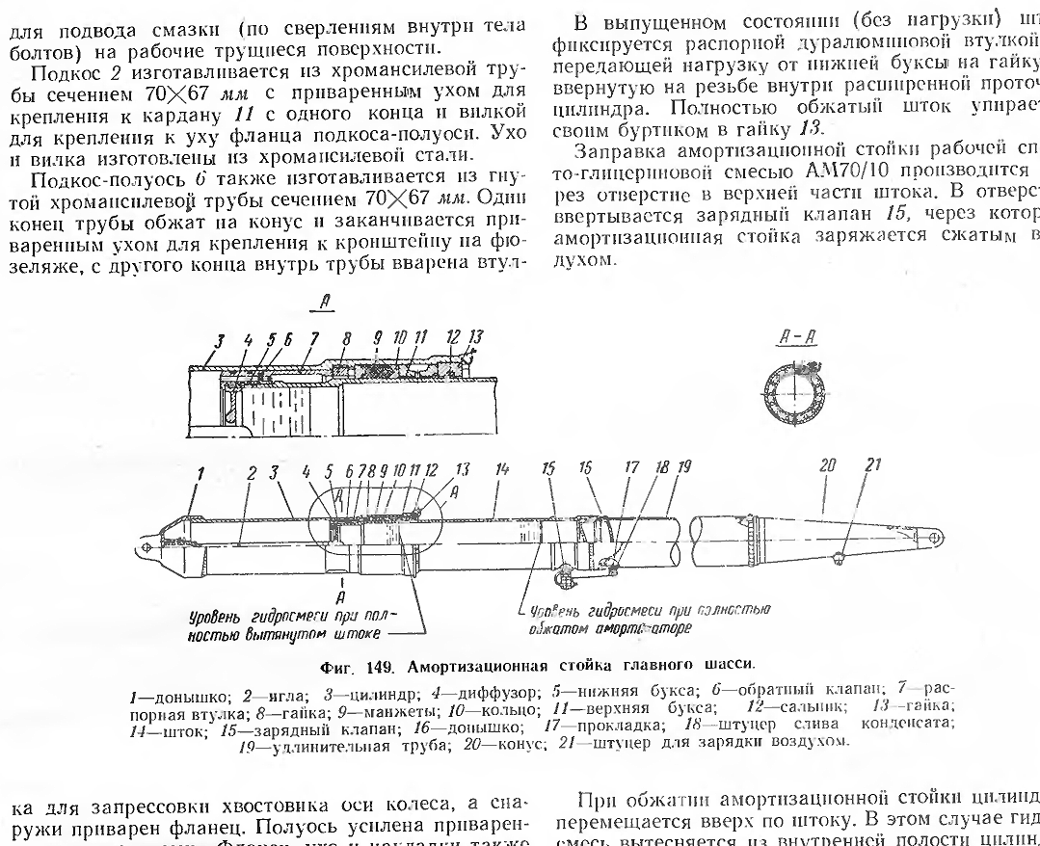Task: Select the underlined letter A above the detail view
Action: click(x=326, y=302)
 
